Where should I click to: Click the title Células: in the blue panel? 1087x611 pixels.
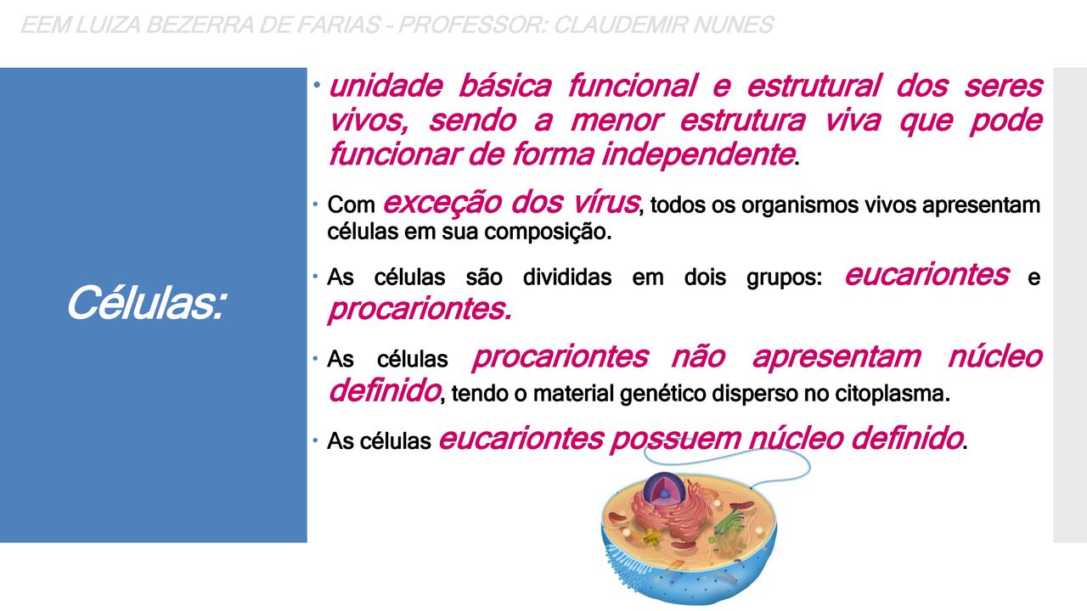coord(146,303)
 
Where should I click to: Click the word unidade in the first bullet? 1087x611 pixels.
coord(386,86)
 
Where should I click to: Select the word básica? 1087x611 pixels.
coord(504,86)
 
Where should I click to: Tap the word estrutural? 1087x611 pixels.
coord(814,86)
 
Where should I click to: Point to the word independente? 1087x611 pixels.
coord(698,155)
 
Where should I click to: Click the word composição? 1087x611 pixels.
coord(548,233)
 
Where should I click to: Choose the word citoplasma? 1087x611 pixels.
coord(892,393)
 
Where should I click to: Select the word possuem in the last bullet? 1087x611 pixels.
coord(675,440)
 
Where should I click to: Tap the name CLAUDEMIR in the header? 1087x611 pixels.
coord(620,25)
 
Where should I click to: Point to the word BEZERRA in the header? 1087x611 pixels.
coord(199,25)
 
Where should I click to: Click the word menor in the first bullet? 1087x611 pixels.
coord(617,121)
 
